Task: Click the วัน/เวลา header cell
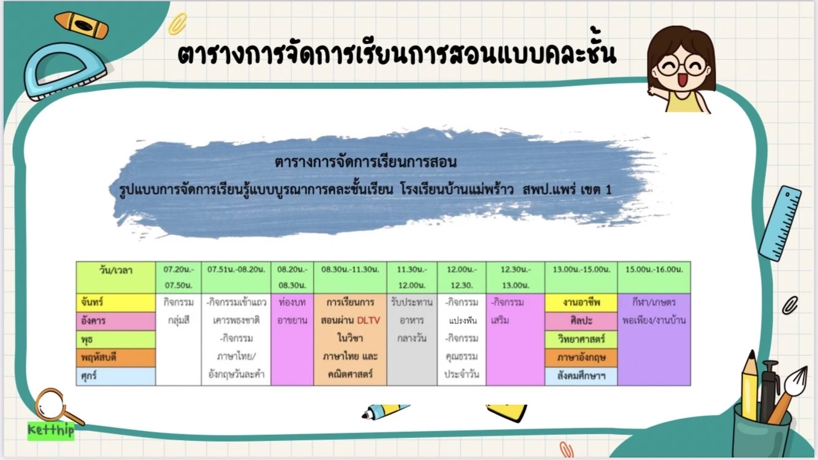tap(115, 270)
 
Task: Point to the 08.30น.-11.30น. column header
tap(350, 270)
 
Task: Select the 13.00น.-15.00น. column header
tap(581, 270)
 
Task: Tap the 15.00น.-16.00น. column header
tap(654, 270)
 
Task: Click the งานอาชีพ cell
tap(581, 302)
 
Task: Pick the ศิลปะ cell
tap(581, 321)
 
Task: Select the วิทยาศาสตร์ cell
tap(581, 339)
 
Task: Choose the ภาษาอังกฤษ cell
tap(581, 358)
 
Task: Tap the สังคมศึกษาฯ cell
tap(581, 376)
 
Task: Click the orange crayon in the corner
tap(81, 25)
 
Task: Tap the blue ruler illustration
tap(780, 224)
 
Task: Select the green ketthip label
tap(50, 430)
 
